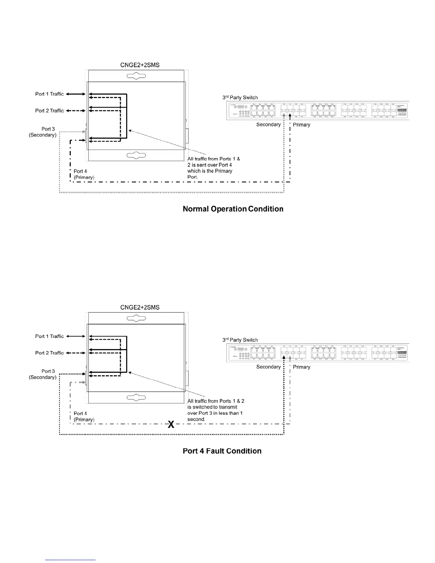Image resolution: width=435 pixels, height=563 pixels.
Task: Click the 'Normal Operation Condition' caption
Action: tap(233, 209)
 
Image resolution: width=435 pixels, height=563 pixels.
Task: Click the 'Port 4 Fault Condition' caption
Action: tap(222, 451)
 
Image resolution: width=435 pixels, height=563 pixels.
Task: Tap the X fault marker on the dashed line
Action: tap(171, 424)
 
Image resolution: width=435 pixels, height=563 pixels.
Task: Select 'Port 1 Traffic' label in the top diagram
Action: tap(49, 94)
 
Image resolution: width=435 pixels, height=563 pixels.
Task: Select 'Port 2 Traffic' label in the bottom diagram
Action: tap(49, 353)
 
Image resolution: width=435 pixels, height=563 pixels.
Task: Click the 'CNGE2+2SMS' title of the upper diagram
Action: tap(140, 65)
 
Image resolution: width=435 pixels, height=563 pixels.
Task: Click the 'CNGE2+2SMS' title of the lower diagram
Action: tap(140, 307)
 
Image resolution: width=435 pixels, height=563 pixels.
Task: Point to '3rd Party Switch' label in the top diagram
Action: tap(240, 97)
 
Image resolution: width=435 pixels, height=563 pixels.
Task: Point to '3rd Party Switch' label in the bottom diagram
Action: tap(240, 340)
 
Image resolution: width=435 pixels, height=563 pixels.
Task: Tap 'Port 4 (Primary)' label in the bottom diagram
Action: tap(84, 416)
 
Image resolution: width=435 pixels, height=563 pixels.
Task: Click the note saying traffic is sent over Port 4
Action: tap(213, 168)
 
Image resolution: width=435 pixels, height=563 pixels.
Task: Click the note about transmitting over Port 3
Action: tap(215, 410)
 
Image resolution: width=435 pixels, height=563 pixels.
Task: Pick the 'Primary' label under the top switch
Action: tap(301, 125)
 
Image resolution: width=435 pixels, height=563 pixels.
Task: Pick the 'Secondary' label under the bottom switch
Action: tap(268, 367)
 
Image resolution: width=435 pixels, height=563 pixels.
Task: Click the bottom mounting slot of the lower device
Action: tap(136, 397)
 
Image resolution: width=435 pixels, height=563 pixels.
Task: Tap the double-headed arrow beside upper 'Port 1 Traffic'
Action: tap(76, 94)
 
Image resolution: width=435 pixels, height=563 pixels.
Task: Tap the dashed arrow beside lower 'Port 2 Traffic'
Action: tap(76, 353)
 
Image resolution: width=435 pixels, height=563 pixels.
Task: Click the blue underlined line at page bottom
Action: tap(70, 560)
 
